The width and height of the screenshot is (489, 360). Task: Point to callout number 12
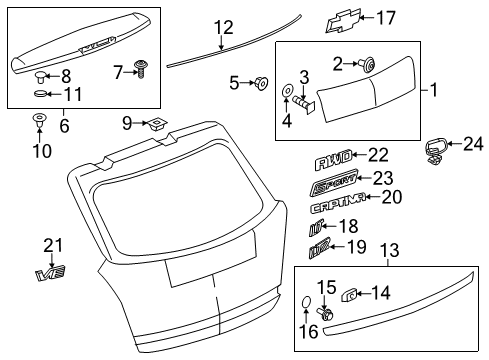tap(222, 26)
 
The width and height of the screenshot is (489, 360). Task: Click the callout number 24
tap(472, 143)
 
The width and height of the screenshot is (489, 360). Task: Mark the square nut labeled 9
tap(158, 124)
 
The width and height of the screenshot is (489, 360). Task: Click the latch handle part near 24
tap(436, 149)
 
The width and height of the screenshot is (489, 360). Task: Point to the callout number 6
tap(65, 126)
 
